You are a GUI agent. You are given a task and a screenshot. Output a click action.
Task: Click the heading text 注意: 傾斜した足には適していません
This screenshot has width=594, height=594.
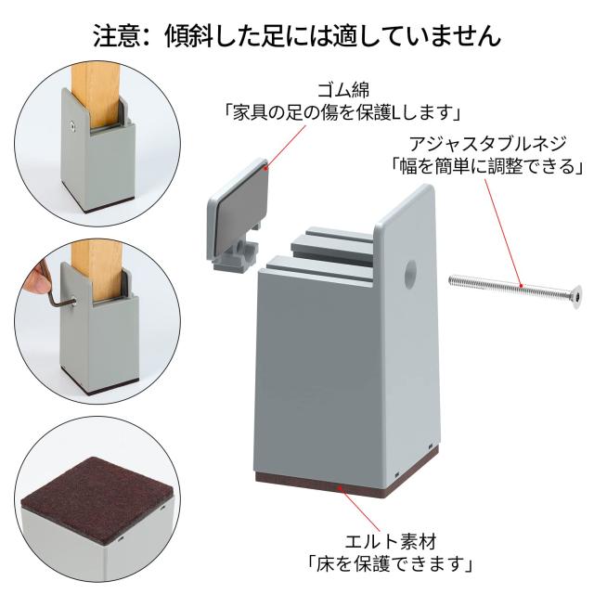(x=297, y=35)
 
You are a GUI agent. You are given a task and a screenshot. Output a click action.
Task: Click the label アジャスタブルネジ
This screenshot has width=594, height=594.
(x=489, y=144)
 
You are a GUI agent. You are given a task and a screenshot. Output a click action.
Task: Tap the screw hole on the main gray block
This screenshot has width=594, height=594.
(x=409, y=275)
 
